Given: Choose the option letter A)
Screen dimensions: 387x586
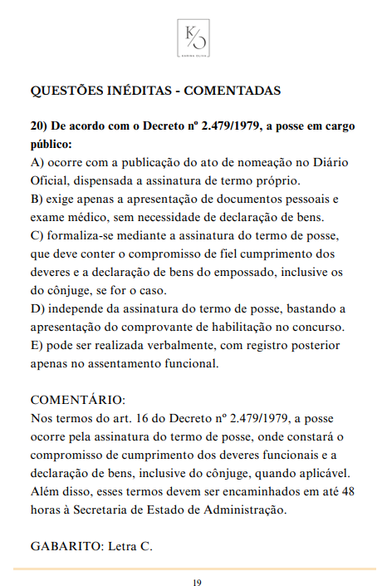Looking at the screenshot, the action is pyautogui.click(x=37, y=162).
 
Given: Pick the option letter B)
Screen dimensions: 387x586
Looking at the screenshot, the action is pyautogui.click(x=37, y=199).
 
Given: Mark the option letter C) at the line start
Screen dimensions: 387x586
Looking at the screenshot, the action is pyautogui.click(x=37, y=235).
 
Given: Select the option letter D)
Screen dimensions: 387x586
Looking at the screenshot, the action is pyautogui.click(x=38, y=308).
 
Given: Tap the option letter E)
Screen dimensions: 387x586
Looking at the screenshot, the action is pyautogui.click(x=37, y=345).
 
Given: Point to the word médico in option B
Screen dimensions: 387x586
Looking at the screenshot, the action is pyautogui.click(x=84, y=217).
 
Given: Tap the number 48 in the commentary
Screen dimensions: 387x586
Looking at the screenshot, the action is pyautogui.click(x=348, y=491).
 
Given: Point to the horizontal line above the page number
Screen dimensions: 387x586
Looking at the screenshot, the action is pyautogui.click(x=193, y=569).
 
